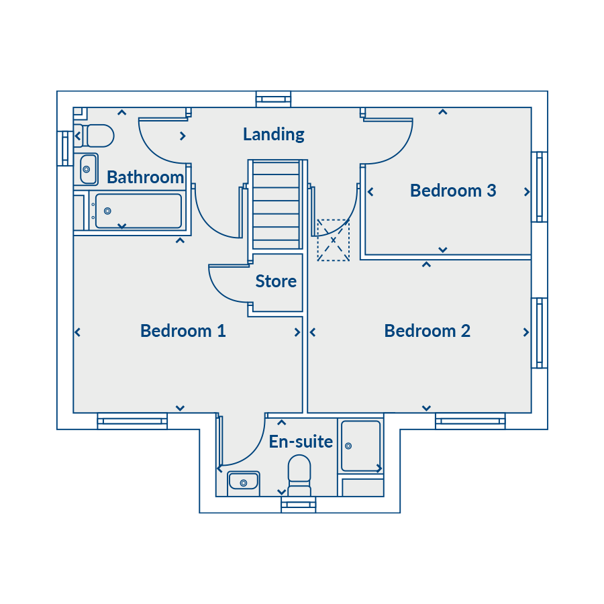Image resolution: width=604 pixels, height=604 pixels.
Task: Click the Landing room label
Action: tap(274, 134)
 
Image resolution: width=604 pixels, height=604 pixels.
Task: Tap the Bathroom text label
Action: tap(145, 177)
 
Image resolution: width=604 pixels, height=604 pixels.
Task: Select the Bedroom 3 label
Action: tap(453, 191)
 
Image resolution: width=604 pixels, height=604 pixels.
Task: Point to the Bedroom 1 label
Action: tap(183, 331)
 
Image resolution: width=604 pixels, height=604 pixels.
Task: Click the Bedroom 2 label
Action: tap(427, 331)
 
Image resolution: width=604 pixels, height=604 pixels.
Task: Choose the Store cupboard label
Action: tap(276, 282)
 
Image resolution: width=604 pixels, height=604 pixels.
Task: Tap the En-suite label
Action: tap(301, 442)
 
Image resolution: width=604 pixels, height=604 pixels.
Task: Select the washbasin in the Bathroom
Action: tap(88, 169)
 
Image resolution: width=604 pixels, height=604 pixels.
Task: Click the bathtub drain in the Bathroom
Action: tap(108, 211)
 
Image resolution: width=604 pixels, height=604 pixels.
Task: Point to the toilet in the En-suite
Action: tap(299, 475)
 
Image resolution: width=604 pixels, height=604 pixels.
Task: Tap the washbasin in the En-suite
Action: tap(244, 481)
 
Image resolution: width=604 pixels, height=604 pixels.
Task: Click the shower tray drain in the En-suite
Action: tap(348, 446)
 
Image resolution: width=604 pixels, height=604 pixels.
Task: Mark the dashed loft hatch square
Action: tap(333, 240)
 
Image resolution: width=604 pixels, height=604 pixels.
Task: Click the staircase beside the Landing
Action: tap(276, 205)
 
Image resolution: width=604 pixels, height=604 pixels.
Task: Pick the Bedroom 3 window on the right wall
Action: tap(540, 187)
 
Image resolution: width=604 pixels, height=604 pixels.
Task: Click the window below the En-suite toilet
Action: tap(299, 505)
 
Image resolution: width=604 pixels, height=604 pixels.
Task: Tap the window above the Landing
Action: tap(274, 99)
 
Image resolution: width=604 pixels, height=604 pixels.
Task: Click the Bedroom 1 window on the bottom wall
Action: tap(132, 421)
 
